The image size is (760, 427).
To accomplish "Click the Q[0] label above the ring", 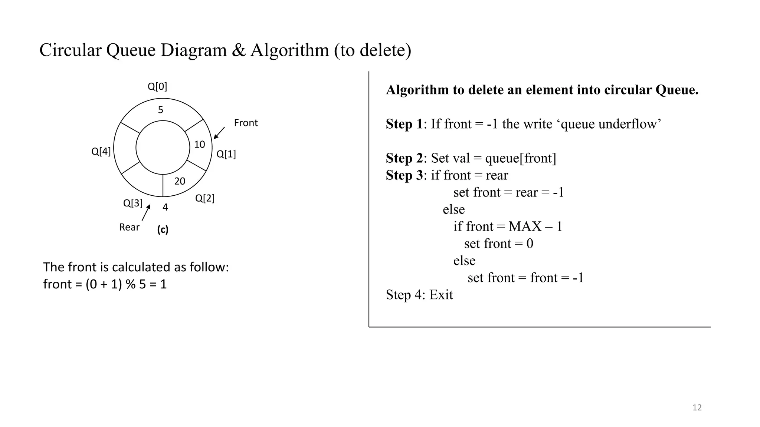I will click(157, 87).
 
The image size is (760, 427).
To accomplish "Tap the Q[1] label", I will click(226, 154).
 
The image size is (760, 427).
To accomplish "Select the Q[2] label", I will click(205, 198).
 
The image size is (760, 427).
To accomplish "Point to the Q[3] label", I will click(132, 203).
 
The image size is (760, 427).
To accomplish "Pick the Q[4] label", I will click(101, 152).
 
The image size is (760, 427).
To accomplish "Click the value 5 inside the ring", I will click(161, 110).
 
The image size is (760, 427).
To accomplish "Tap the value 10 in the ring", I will click(200, 145).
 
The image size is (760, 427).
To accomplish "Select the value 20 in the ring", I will click(180, 181).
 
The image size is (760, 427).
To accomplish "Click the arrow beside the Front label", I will click(219, 133).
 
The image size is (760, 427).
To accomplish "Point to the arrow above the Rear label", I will click(146, 213).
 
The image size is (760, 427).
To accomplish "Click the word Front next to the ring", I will click(246, 123).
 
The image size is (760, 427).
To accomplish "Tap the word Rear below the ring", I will click(129, 227).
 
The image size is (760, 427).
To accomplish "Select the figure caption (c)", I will click(163, 230).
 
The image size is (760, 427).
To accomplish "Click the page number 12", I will click(697, 408).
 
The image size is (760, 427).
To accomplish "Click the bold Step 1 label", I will click(404, 124).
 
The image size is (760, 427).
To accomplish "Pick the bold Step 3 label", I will click(404, 175).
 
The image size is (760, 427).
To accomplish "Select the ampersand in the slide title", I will click(239, 50).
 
